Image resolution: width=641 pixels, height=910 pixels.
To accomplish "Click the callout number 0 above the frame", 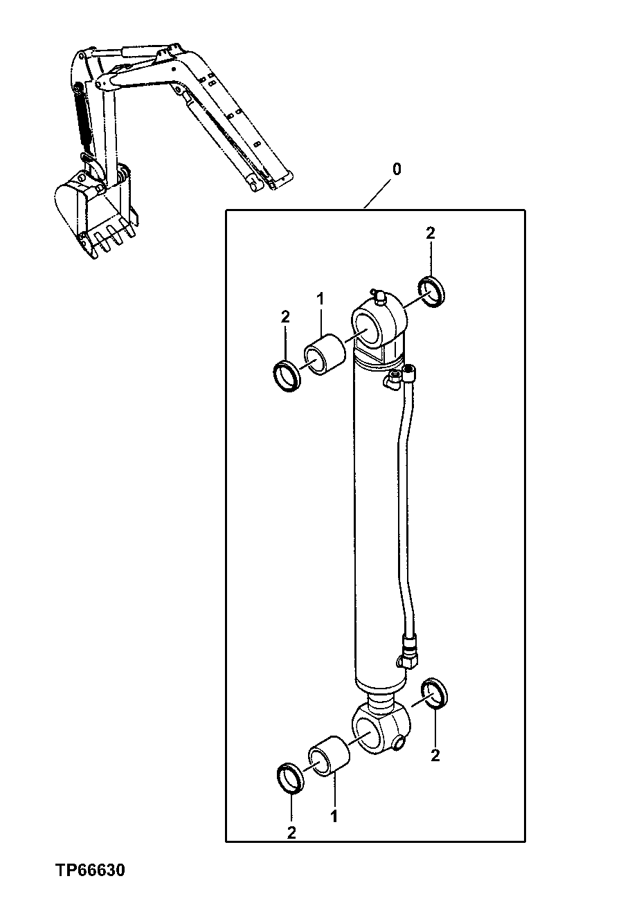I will pos(395,169).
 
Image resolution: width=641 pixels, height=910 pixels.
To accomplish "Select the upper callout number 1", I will pos(320,299).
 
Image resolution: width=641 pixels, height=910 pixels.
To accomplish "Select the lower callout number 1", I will pos(334,817).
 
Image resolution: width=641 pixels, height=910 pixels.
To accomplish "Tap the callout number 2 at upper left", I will pos(285,318).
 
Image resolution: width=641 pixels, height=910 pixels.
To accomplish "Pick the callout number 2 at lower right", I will pos(435,756).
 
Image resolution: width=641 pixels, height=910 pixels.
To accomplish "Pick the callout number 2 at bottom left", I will pos(291,833).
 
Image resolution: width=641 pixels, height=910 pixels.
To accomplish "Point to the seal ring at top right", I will pos(433,291).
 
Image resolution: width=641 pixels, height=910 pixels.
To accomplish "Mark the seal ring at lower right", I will pos(434,693).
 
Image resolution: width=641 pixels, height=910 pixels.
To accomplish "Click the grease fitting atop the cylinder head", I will pos(378,295).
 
